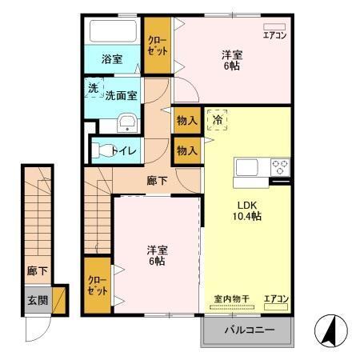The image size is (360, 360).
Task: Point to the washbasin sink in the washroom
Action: [126, 122]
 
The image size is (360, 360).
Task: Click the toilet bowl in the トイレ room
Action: [102, 150]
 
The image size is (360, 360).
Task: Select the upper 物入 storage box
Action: [186, 120]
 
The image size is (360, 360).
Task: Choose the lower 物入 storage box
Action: [186, 150]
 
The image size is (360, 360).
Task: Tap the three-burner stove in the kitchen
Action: [279, 168]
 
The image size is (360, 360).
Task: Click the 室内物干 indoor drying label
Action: [231, 299]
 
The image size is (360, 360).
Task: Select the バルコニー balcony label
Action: [249, 329]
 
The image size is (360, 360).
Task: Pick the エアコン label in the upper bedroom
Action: [274, 36]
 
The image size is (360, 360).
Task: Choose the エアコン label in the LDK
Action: [276, 299]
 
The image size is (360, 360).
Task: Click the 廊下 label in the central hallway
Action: [157, 180]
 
